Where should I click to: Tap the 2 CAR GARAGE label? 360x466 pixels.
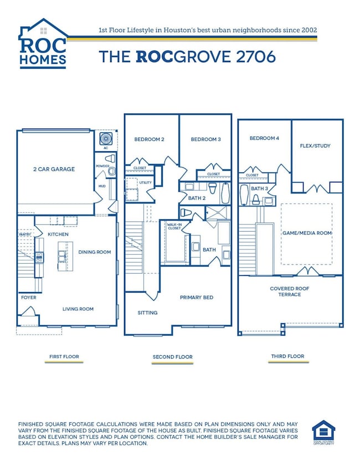(53, 169)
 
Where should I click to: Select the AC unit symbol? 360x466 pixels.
(105, 139)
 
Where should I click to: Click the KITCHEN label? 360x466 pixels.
(58, 234)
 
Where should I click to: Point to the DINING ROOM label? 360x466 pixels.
(94, 252)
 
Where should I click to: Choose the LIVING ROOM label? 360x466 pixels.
(77, 309)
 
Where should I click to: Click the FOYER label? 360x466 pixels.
(28, 298)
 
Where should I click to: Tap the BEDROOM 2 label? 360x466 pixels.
(150, 140)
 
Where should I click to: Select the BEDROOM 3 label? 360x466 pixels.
(205, 140)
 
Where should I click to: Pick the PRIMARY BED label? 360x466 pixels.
(197, 298)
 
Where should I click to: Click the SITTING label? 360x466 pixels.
(147, 313)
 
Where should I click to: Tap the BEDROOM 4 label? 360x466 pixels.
(264, 138)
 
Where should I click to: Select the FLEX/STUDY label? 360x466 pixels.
(315, 146)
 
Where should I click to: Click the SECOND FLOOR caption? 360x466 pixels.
(173, 357)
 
